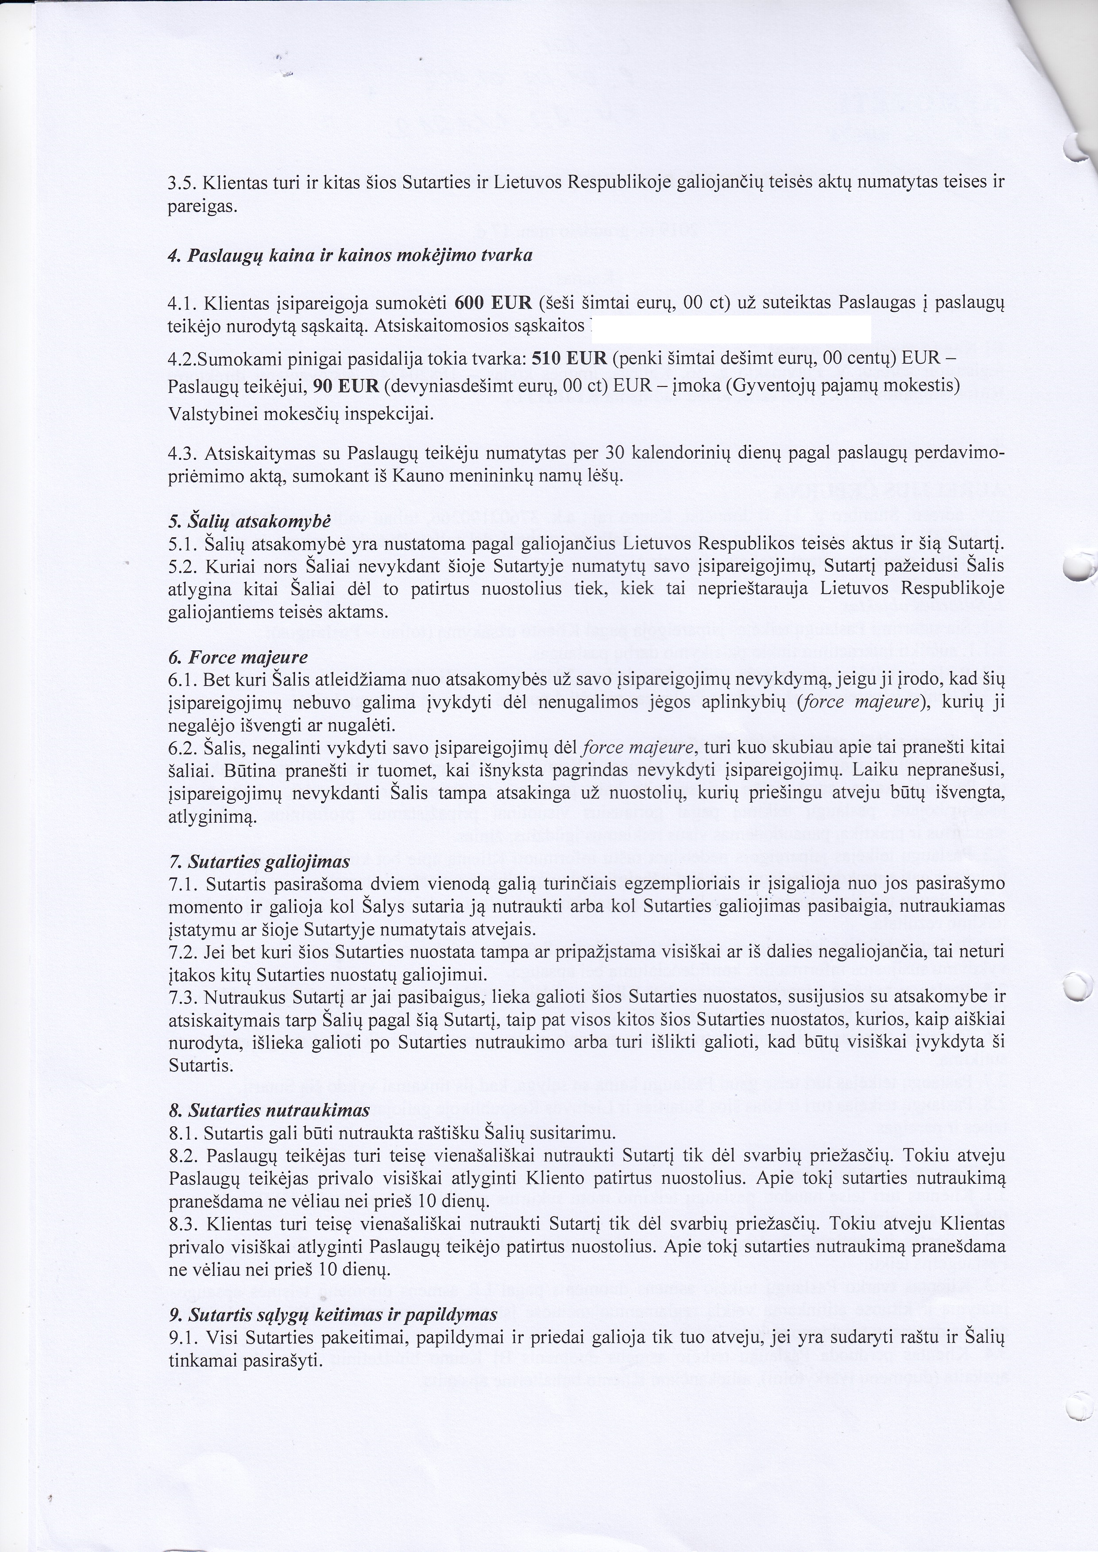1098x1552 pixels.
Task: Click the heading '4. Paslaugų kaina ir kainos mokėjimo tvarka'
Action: pyautogui.click(x=350, y=255)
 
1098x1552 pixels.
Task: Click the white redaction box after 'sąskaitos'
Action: pyautogui.click(x=730, y=328)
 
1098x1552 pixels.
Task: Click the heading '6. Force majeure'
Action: pyautogui.click(x=238, y=657)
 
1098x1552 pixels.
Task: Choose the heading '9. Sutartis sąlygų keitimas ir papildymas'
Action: pyautogui.click(x=332, y=1315)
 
